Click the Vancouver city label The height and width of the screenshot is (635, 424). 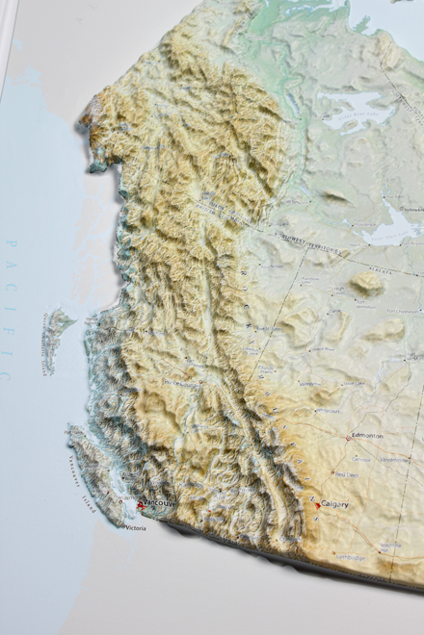click(x=157, y=502)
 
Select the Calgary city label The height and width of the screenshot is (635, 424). click(x=334, y=504)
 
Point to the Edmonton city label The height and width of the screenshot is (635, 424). click(x=367, y=436)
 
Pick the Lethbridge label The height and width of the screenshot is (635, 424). click(x=351, y=557)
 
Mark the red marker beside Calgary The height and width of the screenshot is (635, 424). click(x=317, y=503)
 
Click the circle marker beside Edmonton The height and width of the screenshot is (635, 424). click(x=349, y=438)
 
